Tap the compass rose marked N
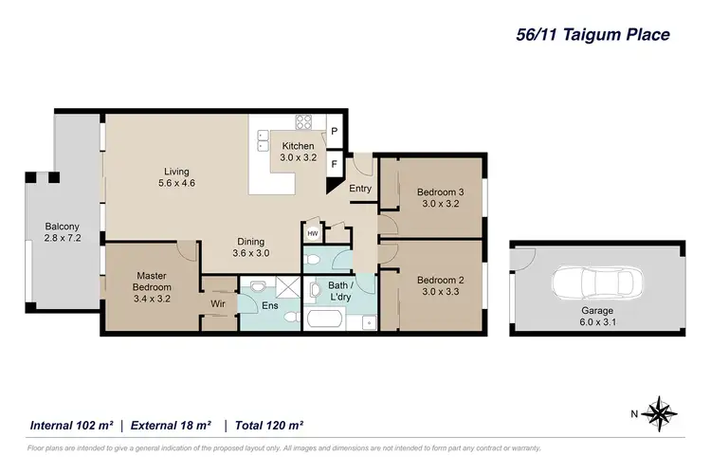[x=655, y=413]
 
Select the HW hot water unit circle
[x=312, y=233]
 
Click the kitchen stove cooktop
[x=305, y=121]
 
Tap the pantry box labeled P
[x=334, y=131]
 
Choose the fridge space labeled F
[x=334, y=163]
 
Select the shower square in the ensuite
[x=287, y=288]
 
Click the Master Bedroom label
[x=152, y=282]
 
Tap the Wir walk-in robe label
[x=217, y=303]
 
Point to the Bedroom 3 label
[x=441, y=192]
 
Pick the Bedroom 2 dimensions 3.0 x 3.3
[x=439, y=291]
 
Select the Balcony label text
[x=62, y=227]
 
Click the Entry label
[x=360, y=189]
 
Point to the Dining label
[x=250, y=241]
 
